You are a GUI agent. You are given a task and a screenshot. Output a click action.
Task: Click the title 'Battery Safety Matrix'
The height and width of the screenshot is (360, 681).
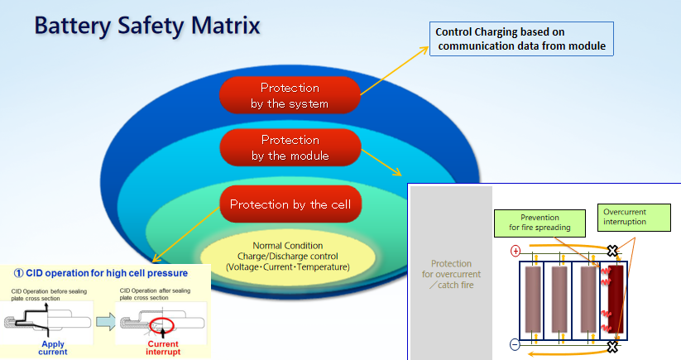[x=147, y=24]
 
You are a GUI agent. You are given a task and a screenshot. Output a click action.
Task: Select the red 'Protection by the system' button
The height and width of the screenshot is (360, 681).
[x=289, y=96]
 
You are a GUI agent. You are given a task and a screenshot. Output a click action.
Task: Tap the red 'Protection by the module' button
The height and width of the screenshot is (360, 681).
[x=290, y=148]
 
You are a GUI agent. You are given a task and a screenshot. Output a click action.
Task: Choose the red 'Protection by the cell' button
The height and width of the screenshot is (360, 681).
[x=290, y=204]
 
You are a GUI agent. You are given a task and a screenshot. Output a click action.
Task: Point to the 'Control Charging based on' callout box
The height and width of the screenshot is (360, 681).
[x=522, y=39]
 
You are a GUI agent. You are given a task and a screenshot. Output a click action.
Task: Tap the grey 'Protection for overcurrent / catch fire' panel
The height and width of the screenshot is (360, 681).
[x=451, y=274]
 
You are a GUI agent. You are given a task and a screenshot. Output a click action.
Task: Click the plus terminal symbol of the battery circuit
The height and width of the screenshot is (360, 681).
[x=516, y=251]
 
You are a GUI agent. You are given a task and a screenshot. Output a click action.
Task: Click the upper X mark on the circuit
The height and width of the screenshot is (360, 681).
[x=612, y=251]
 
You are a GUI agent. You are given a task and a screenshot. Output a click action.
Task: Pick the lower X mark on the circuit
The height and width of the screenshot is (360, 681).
[x=612, y=346]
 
